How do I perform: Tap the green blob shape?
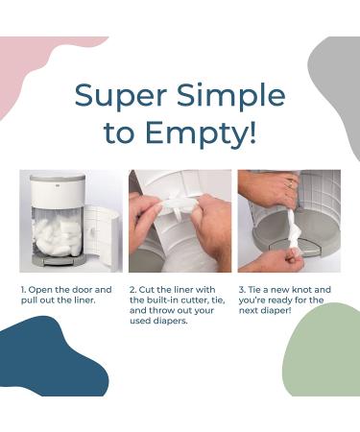coord(324,353)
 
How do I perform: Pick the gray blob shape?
coord(339,89)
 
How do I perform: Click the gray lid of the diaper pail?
coord(59,177)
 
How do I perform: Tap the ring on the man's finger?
coord(290,183)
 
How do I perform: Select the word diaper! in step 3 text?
coord(276,311)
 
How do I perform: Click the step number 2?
coord(132,290)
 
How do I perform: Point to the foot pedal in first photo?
coord(60,261)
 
